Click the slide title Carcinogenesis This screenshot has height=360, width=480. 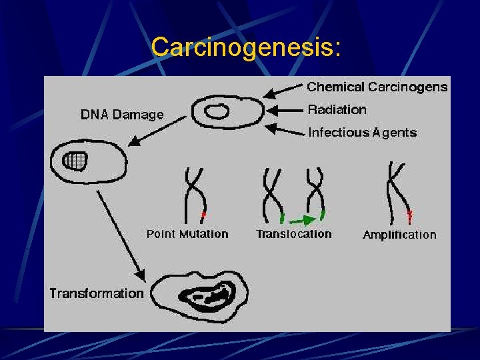pos(246,47)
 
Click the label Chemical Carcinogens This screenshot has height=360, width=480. pos(377,87)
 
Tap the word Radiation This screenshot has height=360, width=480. pos(337,109)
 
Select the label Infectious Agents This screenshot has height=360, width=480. pos(362,133)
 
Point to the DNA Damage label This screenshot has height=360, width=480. pos(122,115)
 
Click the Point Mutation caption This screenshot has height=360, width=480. pos(187,234)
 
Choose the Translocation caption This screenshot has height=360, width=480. pos(293,234)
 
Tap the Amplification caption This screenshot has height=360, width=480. pos(399,235)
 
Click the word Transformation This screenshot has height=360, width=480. pos(97,293)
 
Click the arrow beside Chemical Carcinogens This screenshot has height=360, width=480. pos(283,89)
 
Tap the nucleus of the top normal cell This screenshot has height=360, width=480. pos(216,112)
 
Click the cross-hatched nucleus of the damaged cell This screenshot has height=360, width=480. pos(75,160)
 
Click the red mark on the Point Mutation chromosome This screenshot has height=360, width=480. pos(204,215)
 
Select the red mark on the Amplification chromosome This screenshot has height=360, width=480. pos(409,215)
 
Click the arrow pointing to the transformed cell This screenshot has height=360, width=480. pos(121,234)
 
